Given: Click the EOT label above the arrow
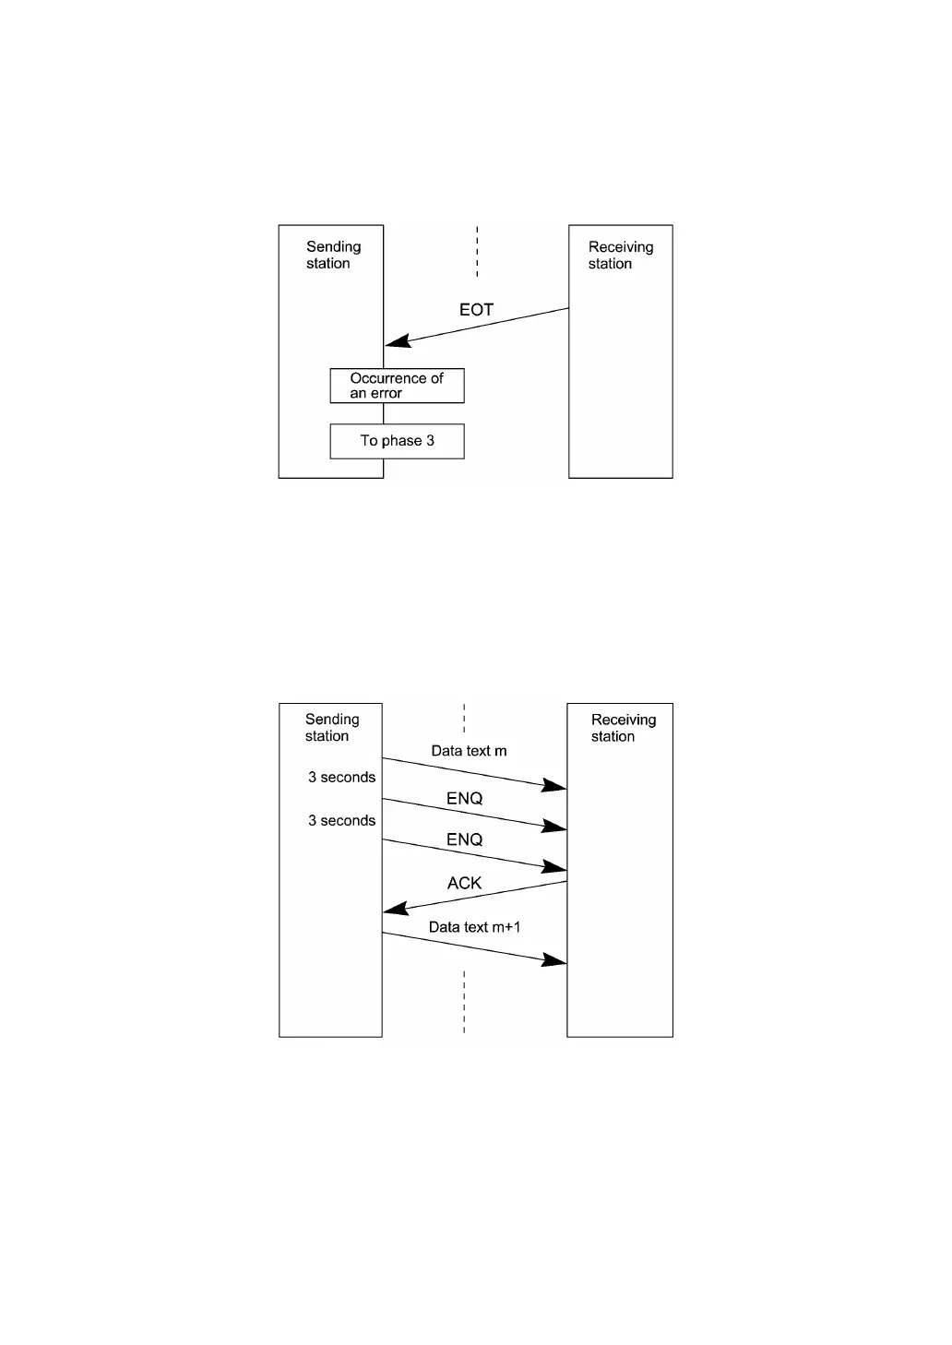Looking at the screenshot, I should (x=476, y=310).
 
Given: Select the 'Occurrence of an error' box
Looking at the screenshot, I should (x=397, y=386).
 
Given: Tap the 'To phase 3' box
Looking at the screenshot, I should (x=397, y=441).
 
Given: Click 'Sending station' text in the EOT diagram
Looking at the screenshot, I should (x=332, y=255).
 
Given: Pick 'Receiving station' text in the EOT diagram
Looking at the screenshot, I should (x=620, y=255).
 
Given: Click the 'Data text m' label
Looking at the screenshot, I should (x=469, y=751).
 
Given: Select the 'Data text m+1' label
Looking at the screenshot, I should (x=474, y=927).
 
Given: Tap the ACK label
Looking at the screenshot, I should (x=464, y=883).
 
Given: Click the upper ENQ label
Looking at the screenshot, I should (x=464, y=799).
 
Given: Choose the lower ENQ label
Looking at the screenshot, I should (x=464, y=839).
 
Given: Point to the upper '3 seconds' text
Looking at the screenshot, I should (x=341, y=778).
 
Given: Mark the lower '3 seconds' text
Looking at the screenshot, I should (x=341, y=821).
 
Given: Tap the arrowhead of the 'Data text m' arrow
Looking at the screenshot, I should (x=555, y=786).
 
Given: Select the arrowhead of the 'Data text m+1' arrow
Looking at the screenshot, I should (x=555, y=961).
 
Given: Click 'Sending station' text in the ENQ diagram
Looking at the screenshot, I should (x=331, y=727).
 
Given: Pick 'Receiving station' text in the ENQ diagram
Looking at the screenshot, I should (x=623, y=728).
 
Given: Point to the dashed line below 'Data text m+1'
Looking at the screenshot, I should (x=464, y=1001).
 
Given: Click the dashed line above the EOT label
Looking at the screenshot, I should (x=477, y=251).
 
